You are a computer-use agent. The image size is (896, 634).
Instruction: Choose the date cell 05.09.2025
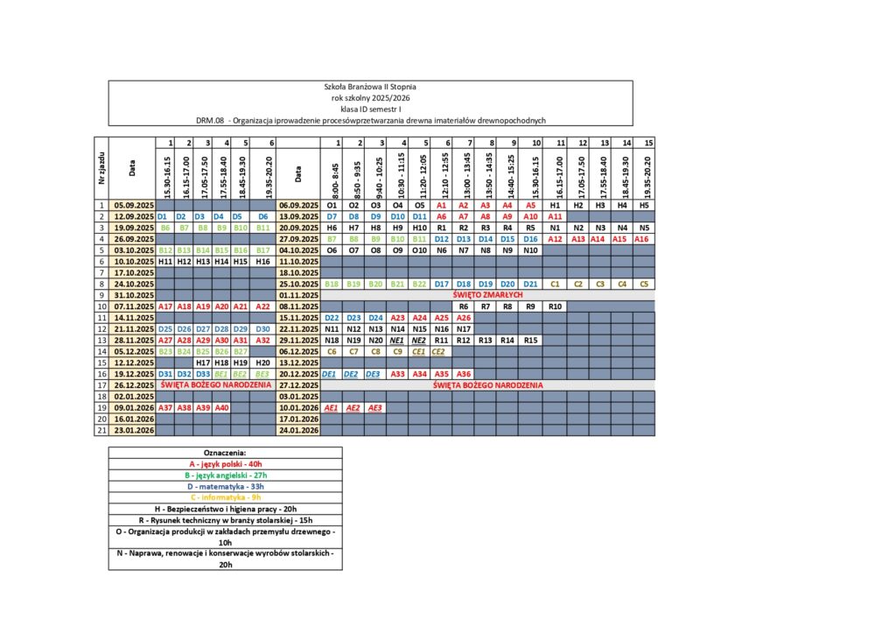(x=132, y=205)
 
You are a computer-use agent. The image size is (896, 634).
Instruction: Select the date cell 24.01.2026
(x=298, y=429)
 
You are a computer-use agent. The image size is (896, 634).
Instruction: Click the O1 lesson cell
(x=332, y=205)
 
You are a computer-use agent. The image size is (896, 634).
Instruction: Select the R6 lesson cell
(x=464, y=306)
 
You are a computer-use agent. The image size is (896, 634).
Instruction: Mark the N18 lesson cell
(x=332, y=340)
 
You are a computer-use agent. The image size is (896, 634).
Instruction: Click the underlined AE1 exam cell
(x=332, y=407)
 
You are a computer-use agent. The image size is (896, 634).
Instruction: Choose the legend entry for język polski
(x=225, y=463)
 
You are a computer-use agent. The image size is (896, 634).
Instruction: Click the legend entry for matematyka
(x=225, y=486)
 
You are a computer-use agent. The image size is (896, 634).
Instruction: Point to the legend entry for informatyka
(x=225, y=497)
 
